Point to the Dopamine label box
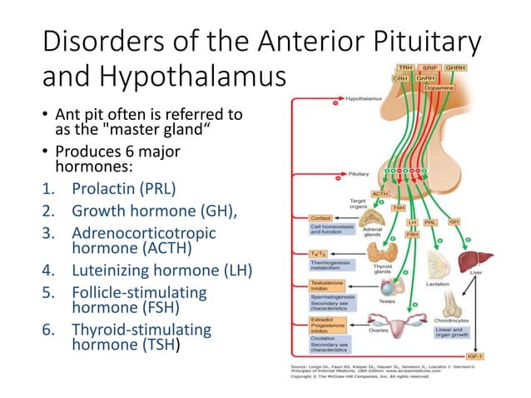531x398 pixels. point(439,87)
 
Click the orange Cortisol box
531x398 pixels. point(318,219)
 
